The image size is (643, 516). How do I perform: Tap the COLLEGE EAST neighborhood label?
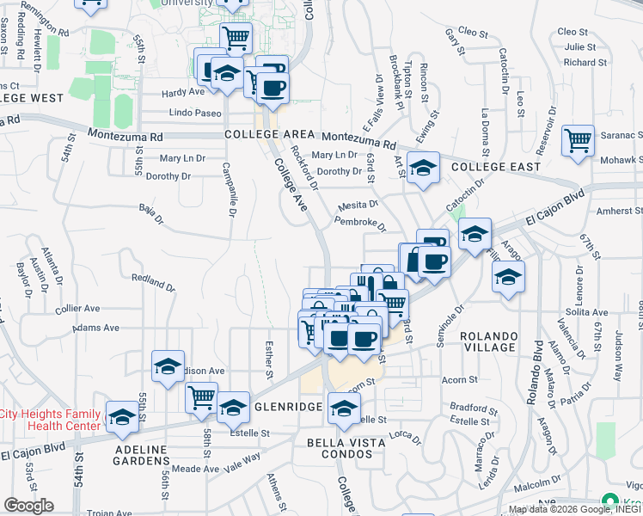[496, 166]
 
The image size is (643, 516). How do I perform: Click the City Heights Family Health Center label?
[52, 420]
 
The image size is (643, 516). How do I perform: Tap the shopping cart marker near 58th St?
[201, 396]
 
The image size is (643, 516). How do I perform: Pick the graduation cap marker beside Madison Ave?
[168, 365]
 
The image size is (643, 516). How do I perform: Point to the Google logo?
[28, 506]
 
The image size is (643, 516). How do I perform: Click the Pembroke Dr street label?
[360, 222]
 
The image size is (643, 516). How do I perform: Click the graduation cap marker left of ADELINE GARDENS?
[122, 416]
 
